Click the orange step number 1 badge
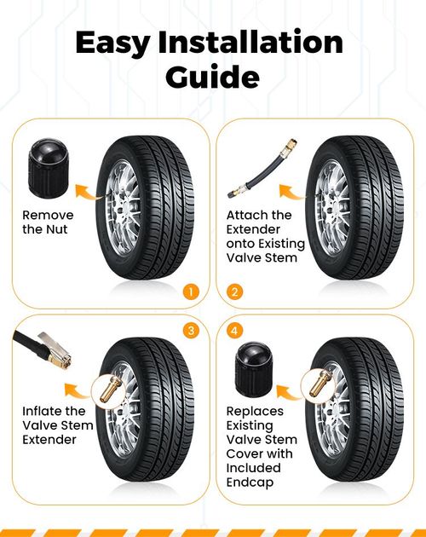click(191, 292)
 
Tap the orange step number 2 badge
click(234, 292)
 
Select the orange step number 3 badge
click(191, 331)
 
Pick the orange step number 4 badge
click(234, 331)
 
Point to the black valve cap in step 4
click(254, 368)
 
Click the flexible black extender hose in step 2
click(262, 169)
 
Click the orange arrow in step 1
click(88, 192)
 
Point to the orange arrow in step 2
click(291, 192)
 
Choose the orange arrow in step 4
click(289, 392)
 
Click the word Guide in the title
click(212, 77)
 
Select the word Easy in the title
click(112, 43)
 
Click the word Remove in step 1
click(48, 215)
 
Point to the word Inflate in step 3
click(44, 411)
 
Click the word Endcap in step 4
click(250, 482)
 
